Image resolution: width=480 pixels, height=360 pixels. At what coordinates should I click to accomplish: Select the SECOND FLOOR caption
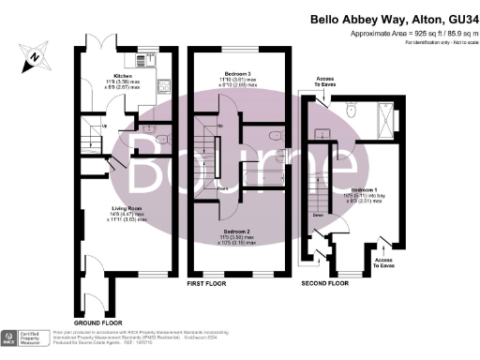click(x=325, y=281)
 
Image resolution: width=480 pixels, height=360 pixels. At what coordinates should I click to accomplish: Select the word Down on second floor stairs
click(x=320, y=214)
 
